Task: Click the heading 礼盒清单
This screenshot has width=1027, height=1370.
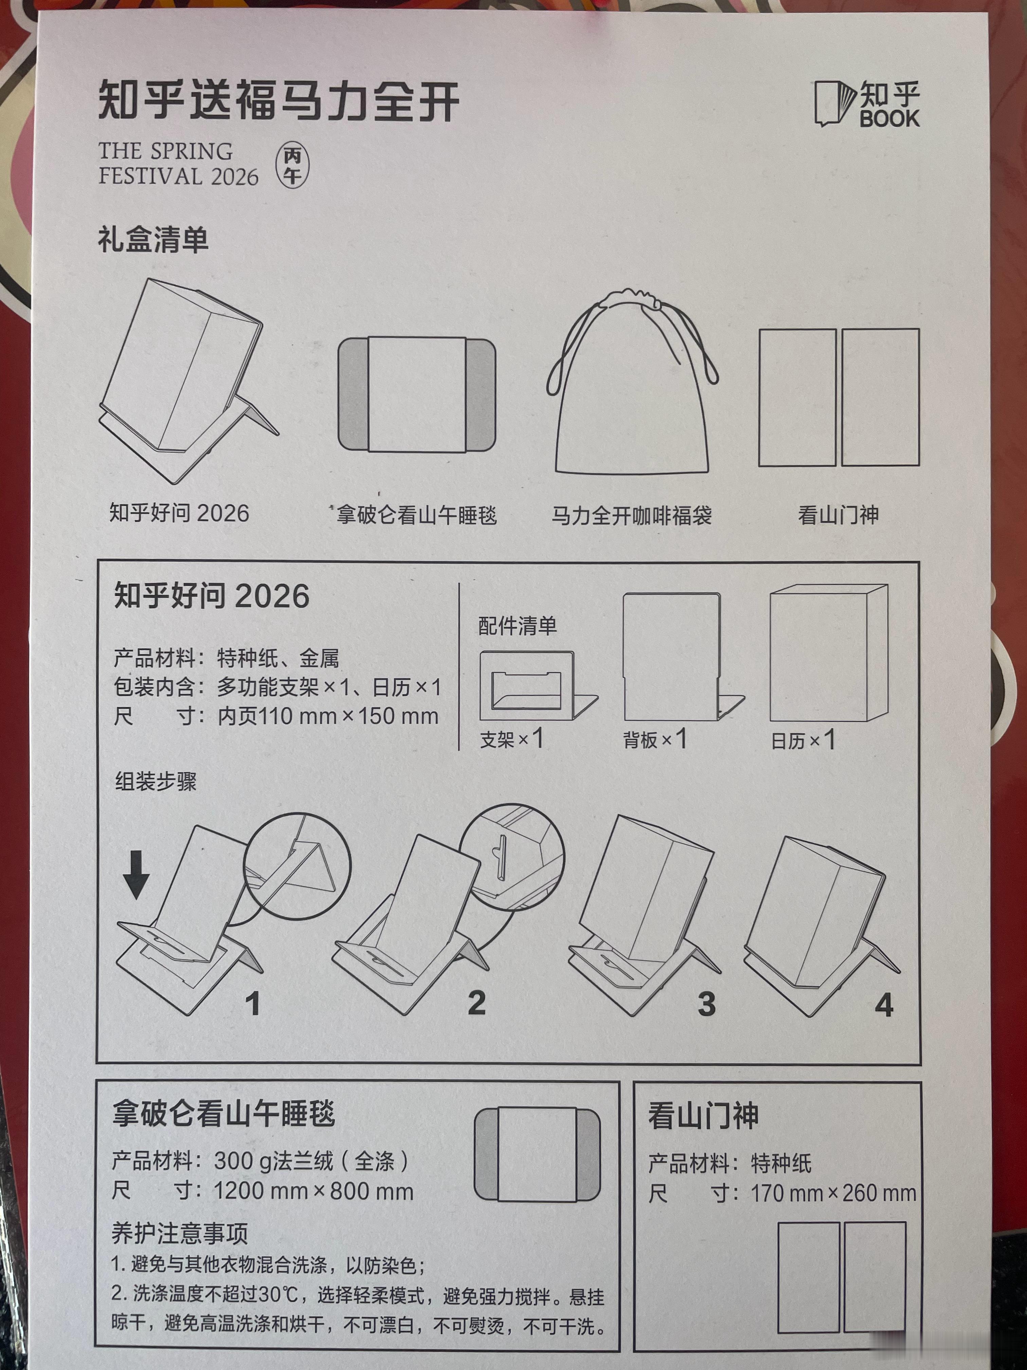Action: pyautogui.click(x=153, y=239)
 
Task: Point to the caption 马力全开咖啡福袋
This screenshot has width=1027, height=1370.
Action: pyautogui.click(x=631, y=515)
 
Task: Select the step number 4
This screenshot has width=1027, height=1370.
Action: pyautogui.click(x=884, y=1005)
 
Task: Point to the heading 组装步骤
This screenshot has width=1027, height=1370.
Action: pyautogui.click(x=156, y=781)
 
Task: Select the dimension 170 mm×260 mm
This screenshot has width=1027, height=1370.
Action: pyautogui.click(x=833, y=1193)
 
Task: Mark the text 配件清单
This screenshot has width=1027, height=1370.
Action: pyautogui.click(x=518, y=626)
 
